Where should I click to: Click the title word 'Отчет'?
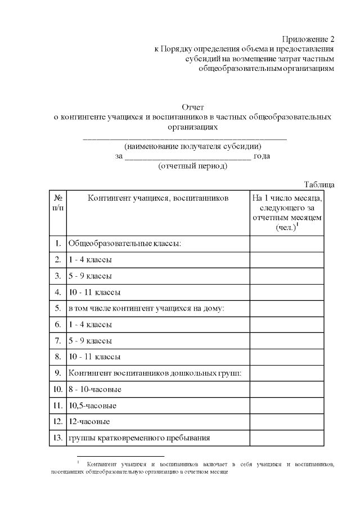[x=192, y=107]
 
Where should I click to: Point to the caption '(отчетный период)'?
[x=193, y=166]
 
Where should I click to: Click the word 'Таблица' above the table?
[x=319, y=184]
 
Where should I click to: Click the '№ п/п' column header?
[x=58, y=203]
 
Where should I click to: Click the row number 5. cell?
[x=58, y=308]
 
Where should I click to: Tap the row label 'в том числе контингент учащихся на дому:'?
[x=146, y=308]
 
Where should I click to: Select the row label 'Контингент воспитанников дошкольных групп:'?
[x=155, y=373]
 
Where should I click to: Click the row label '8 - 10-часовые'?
[x=94, y=389]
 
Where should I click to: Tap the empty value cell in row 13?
[x=287, y=438]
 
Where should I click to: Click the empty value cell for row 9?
[x=287, y=373]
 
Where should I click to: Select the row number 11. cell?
[x=58, y=405]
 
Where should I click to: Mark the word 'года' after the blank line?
[x=262, y=156]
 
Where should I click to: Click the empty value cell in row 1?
[x=287, y=244]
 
